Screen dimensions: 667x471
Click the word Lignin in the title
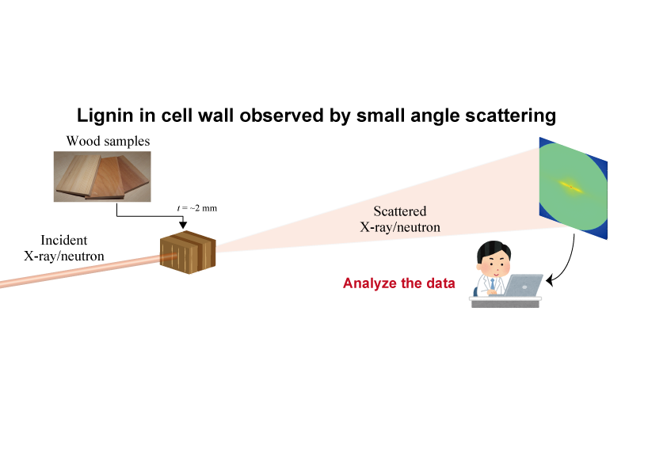click(105, 116)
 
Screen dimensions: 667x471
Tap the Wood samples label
click(108, 141)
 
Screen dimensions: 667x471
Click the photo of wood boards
click(102, 177)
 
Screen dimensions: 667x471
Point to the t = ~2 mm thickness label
click(197, 208)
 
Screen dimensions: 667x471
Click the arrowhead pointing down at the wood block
click(183, 225)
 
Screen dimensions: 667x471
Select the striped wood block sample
click(188, 253)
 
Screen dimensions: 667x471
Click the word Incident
click(64, 240)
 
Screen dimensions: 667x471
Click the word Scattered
click(400, 211)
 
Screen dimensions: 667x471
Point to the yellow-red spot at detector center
click(571, 186)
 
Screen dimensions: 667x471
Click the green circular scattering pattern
click(573, 187)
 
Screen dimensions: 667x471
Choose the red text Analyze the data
click(399, 283)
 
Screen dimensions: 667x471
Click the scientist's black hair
click(494, 250)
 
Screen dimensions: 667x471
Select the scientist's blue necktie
click(493, 283)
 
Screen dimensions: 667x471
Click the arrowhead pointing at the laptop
click(550, 280)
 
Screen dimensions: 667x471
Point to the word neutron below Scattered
click(417, 227)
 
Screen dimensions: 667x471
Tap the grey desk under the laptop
click(505, 302)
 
